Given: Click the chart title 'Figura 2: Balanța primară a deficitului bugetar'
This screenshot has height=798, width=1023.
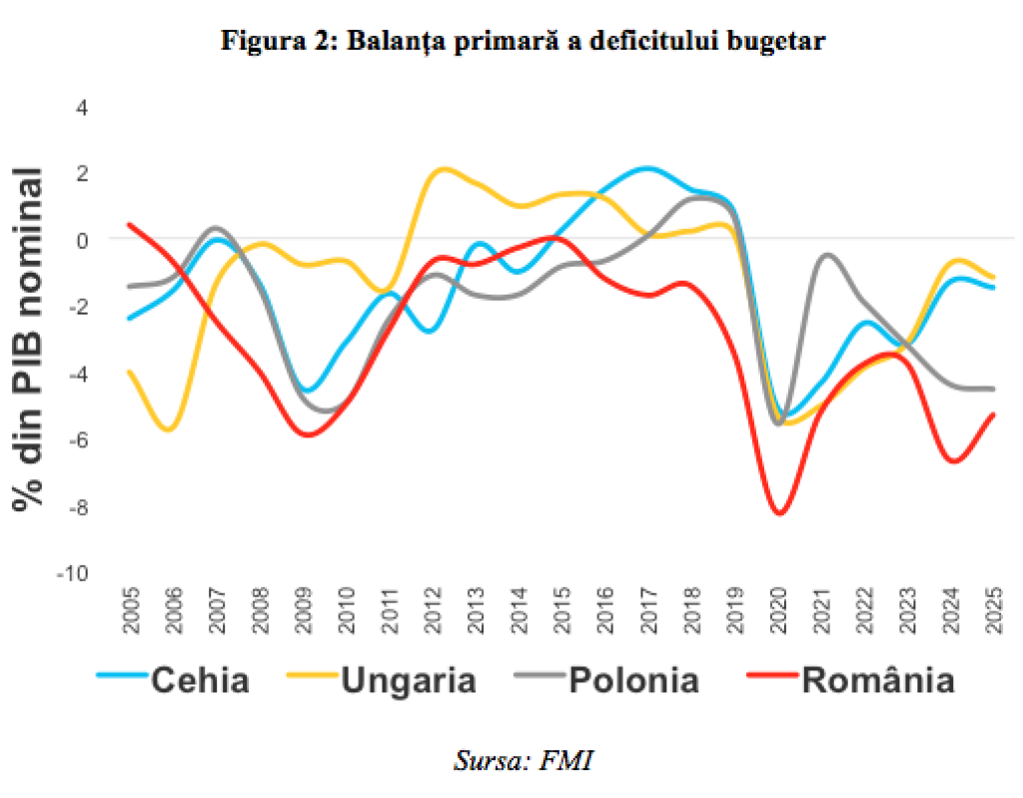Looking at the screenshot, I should [522, 41].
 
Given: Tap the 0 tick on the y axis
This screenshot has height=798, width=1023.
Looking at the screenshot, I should [83, 240].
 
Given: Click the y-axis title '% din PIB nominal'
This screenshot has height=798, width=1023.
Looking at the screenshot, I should [29, 340].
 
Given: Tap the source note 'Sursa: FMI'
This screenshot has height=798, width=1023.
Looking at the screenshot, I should [522, 760].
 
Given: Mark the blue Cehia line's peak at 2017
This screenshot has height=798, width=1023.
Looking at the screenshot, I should [648, 168].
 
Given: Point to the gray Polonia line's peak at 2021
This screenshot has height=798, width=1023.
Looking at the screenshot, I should [826, 255].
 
